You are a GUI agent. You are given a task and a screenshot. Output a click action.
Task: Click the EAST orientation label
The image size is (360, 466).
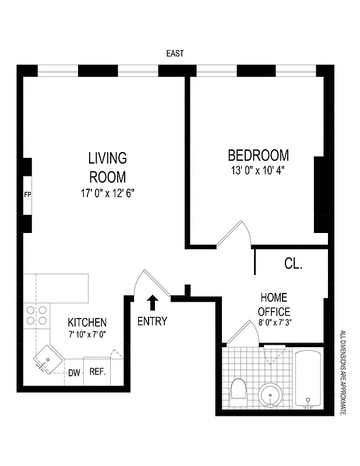(x=175, y=53)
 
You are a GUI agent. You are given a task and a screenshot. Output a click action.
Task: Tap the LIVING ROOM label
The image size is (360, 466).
(x=107, y=167)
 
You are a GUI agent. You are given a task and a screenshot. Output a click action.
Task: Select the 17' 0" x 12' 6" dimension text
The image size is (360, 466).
(x=108, y=193)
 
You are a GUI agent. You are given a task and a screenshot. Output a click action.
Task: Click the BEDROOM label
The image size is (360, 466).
(x=258, y=156)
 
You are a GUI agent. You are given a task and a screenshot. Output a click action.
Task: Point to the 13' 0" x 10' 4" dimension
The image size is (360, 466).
(x=258, y=171)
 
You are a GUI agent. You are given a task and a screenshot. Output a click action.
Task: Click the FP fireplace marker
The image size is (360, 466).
(x=27, y=195)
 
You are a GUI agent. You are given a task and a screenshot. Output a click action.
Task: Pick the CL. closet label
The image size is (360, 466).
(x=293, y=263)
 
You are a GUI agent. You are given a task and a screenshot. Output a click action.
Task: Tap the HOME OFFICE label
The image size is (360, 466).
(x=275, y=304)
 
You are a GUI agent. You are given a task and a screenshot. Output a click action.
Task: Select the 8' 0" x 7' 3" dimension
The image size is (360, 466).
(x=275, y=324)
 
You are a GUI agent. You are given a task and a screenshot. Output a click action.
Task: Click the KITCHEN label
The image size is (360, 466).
(x=87, y=322)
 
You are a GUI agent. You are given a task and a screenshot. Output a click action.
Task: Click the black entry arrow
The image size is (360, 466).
(x=153, y=302)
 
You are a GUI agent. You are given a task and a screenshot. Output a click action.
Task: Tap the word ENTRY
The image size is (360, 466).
(x=153, y=321)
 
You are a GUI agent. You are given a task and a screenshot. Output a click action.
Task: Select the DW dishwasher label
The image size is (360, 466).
(x=74, y=373)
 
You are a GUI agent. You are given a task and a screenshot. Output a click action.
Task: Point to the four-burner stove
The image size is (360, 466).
(x=36, y=315)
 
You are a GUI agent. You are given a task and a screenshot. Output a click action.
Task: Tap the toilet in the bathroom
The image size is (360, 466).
(x=238, y=392)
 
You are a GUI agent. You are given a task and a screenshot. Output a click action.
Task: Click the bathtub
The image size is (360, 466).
(x=309, y=378)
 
